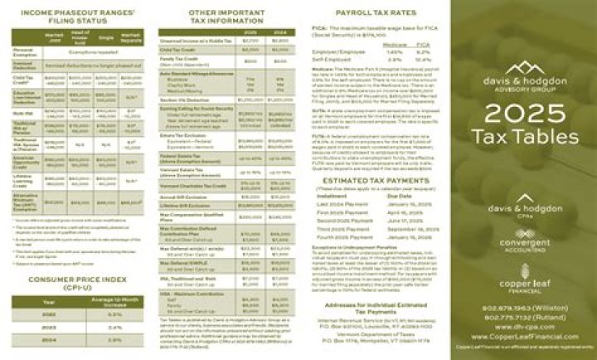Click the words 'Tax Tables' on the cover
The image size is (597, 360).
(x=522, y=135)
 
